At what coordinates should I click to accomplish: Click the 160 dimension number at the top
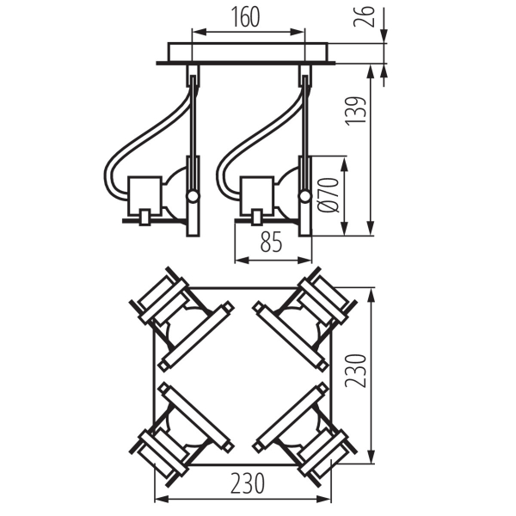click(x=247, y=18)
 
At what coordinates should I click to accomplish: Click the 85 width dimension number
click(x=272, y=243)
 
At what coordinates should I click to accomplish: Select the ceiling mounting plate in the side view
click(x=248, y=52)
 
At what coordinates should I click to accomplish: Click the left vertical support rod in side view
click(x=193, y=120)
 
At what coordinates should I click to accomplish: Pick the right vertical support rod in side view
click(x=304, y=120)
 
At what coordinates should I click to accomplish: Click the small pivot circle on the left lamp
click(x=194, y=196)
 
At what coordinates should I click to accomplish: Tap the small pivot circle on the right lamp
click(x=305, y=196)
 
